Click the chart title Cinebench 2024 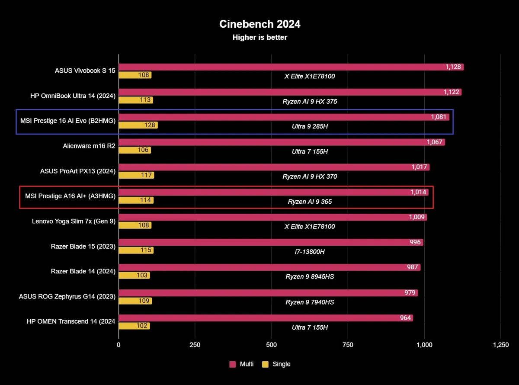coord(259,24)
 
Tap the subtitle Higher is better coord(259,38)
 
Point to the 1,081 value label coord(439,117)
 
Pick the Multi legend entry coord(242,364)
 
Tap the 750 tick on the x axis coord(348,345)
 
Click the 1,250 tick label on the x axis coord(500,345)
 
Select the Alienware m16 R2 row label coord(89,146)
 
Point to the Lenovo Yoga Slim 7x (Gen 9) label coord(74,221)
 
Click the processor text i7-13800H coord(310,252)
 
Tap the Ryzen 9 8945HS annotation coord(310,277)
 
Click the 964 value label coord(405,318)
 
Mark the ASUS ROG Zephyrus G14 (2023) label coord(67,296)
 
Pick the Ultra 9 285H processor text coord(310,126)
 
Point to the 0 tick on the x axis coord(119,345)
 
